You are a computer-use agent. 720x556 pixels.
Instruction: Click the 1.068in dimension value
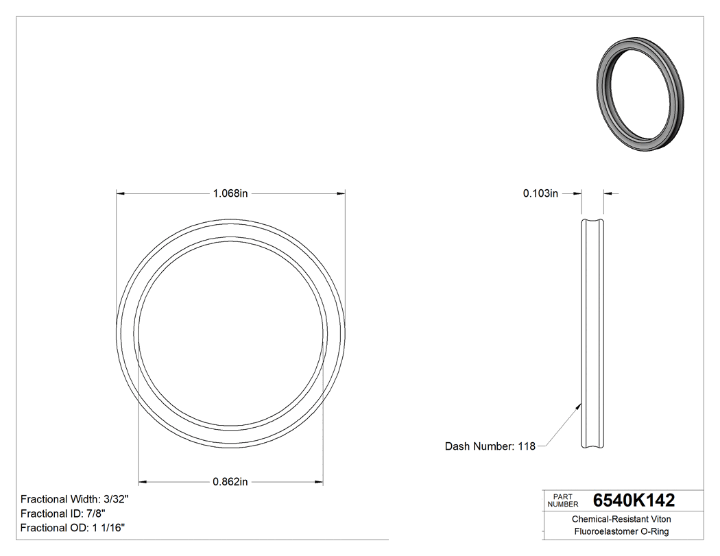[230, 194]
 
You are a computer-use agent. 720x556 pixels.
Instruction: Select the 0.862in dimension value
[230, 482]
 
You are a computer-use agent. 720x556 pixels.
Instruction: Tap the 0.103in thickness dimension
[540, 194]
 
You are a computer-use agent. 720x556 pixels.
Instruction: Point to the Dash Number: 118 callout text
[490, 446]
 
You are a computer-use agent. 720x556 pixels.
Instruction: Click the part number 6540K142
[634, 500]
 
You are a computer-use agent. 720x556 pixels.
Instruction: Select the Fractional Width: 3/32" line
[75, 499]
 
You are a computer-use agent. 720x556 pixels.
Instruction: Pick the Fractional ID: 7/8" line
[63, 513]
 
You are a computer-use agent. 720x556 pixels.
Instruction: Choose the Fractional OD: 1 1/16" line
[73, 528]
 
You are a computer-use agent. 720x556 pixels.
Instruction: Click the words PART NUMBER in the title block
[563, 500]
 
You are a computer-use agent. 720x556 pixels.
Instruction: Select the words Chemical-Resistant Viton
[621, 520]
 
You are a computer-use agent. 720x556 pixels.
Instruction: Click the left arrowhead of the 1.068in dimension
[121, 194]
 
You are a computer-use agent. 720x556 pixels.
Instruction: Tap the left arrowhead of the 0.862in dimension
[143, 482]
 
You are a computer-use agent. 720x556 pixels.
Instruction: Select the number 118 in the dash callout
[526, 446]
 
